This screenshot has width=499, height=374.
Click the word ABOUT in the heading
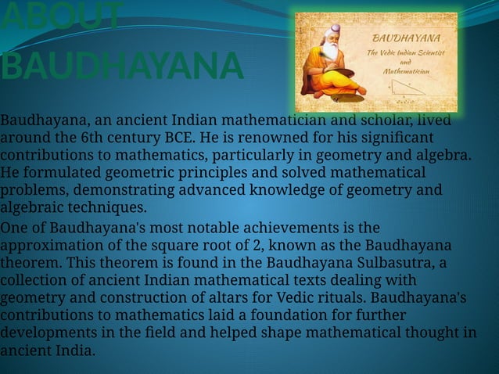[x=62, y=17]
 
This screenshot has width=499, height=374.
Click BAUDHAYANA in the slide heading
[x=121, y=67]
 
